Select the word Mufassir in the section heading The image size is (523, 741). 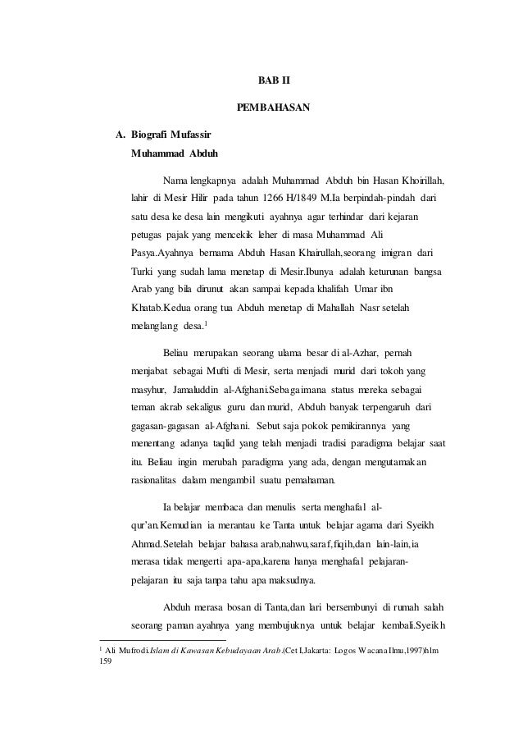click(194, 135)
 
